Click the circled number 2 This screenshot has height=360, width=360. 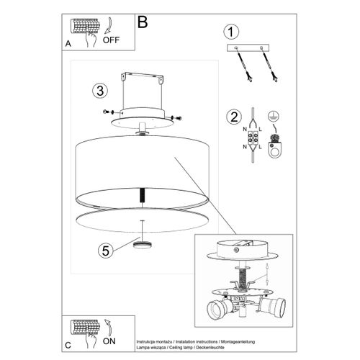[232, 117]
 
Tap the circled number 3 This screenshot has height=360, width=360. [99, 91]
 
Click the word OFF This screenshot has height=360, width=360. [111, 40]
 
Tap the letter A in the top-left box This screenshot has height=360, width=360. [68, 44]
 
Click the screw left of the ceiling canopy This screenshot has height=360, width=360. [109, 112]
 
